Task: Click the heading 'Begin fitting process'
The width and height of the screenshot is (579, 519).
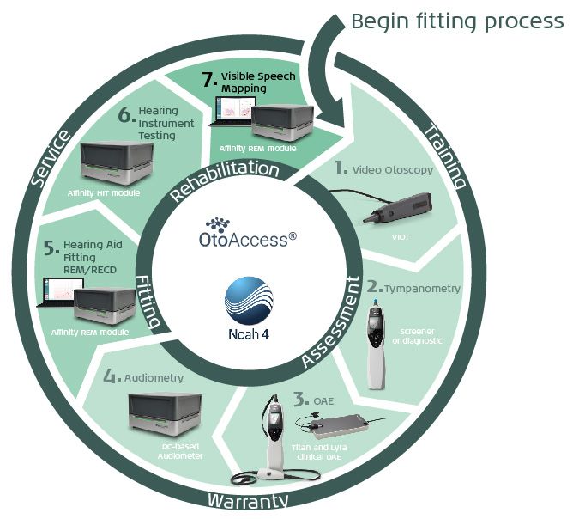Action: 457,20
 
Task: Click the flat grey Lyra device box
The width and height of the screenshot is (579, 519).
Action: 338,426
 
